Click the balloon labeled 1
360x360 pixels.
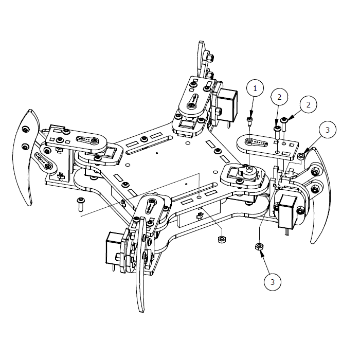coord(254,88)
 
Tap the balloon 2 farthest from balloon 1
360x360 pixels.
coord(309,104)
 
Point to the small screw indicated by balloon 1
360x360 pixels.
coord(249,121)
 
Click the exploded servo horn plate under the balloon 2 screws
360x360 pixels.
coord(267,145)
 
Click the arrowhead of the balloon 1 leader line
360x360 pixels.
coord(250,117)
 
